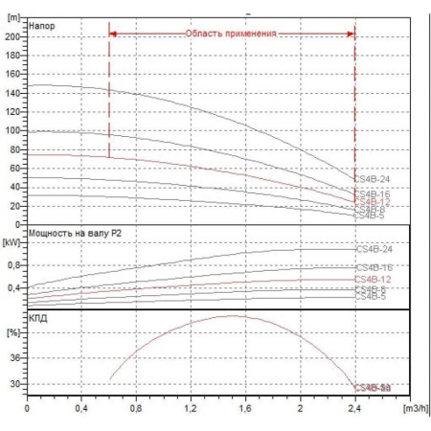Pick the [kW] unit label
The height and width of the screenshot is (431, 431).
click(x=12, y=242)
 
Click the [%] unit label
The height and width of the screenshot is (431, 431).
click(x=13, y=331)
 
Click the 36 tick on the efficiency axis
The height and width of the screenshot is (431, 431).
click(x=15, y=357)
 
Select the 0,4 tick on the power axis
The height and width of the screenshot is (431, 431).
click(x=13, y=287)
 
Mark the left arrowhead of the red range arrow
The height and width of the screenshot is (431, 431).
click(x=113, y=34)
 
